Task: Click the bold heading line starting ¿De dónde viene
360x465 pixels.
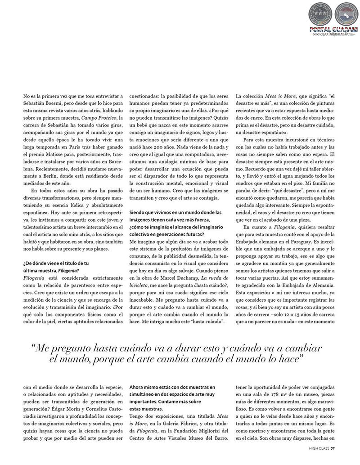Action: pos(55,264)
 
